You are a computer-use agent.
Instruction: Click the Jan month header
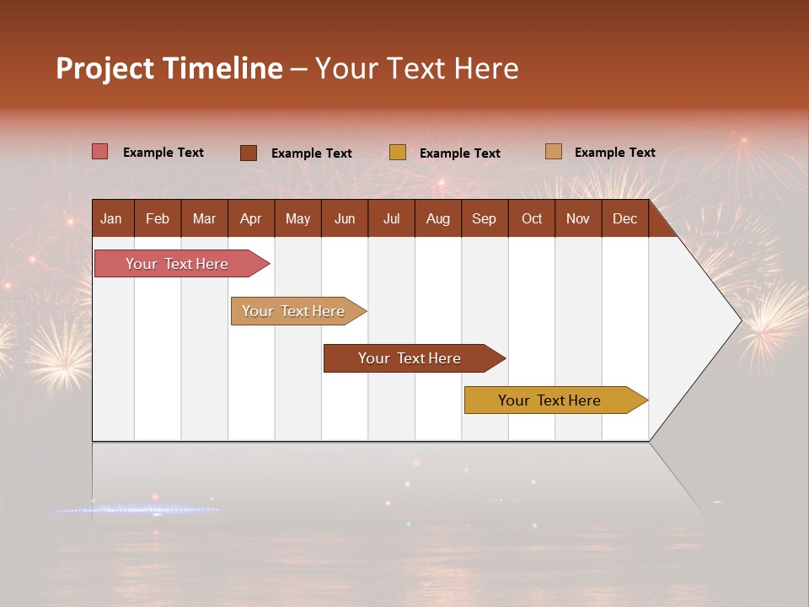pyautogui.click(x=111, y=218)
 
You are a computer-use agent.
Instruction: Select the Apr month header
pyautogui.click(x=250, y=218)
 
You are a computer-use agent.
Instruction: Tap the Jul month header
pyautogui.click(x=391, y=218)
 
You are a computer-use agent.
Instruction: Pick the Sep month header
pyautogui.click(x=484, y=218)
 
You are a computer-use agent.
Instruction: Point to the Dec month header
pyautogui.click(x=624, y=218)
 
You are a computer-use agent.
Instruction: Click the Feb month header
pyautogui.click(x=158, y=218)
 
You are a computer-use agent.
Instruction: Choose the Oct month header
pyautogui.click(x=532, y=218)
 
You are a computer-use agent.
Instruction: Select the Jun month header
pyautogui.click(x=345, y=218)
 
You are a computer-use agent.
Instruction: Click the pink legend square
pyautogui.click(x=99, y=152)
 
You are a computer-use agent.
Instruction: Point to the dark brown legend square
pyautogui.click(x=248, y=153)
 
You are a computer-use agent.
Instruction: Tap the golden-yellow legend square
pyautogui.click(x=398, y=153)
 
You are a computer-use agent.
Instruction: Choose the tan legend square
pyautogui.click(x=553, y=152)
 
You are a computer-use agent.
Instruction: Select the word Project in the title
pyautogui.click(x=104, y=68)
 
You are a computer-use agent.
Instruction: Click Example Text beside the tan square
pyautogui.click(x=614, y=152)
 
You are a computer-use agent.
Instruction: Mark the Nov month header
pyautogui.click(x=578, y=218)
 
